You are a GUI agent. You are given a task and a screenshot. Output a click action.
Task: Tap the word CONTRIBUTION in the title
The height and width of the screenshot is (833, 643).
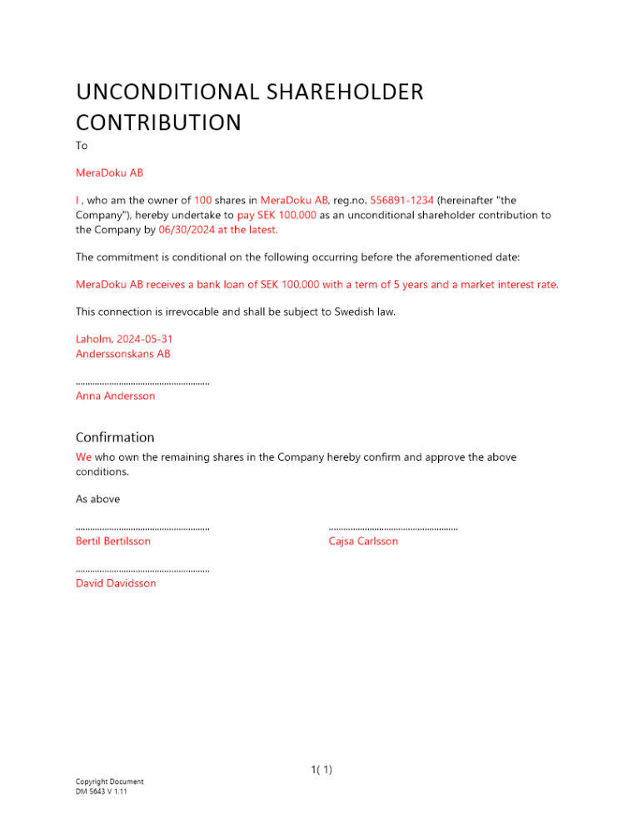pos(158,122)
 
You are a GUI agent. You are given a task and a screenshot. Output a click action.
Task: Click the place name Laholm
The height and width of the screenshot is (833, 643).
pos(92,339)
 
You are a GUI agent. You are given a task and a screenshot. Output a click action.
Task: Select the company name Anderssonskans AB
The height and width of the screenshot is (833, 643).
pos(123,354)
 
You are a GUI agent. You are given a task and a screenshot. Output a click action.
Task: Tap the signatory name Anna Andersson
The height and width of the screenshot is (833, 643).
pos(115,396)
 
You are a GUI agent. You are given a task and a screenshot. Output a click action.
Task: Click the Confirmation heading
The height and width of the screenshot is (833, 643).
pos(115,437)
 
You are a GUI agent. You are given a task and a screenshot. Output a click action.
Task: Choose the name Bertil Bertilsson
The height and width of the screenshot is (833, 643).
pos(113,541)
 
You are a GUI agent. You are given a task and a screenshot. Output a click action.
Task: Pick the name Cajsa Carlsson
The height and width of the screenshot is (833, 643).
pos(363,541)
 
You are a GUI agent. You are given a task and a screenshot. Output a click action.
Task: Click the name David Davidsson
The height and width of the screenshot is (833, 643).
pos(116,583)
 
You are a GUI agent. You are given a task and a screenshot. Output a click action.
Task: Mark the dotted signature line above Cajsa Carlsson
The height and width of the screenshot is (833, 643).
pos(393,528)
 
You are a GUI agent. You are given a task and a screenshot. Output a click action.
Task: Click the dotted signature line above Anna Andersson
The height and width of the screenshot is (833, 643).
pos(142,383)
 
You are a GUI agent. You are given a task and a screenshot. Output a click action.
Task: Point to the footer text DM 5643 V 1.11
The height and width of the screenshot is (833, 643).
pos(101,791)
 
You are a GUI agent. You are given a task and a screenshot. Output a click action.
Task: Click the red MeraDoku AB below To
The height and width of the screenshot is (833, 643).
pos(109,172)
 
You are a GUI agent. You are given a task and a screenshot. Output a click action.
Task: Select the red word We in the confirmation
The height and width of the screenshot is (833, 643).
pos(83,456)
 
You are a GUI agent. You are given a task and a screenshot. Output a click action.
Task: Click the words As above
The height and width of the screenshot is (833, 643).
pos(97,499)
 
